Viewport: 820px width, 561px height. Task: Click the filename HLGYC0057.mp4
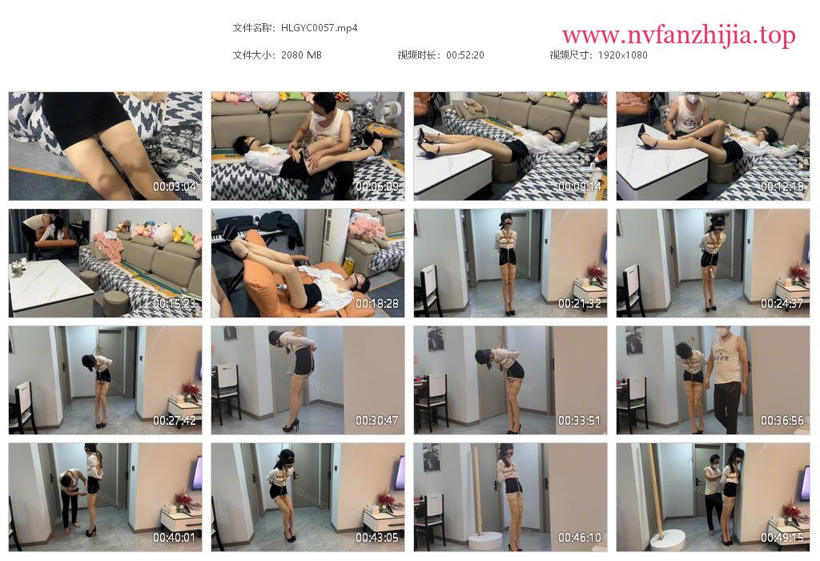tap(319, 28)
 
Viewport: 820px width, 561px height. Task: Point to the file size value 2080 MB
tap(301, 55)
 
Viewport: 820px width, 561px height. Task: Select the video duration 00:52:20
tap(465, 55)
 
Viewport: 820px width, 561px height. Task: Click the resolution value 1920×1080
tap(622, 55)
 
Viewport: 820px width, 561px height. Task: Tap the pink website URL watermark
tap(679, 35)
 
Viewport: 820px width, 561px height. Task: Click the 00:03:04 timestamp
tap(174, 186)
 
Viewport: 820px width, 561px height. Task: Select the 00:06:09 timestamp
tap(377, 186)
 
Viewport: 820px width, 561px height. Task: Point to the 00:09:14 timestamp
tap(580, 186)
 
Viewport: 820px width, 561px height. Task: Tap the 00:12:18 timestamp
tap(782, 186)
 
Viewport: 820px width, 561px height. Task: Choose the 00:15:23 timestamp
tap(174, 304)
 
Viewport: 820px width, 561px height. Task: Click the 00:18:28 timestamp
tap(377, 304)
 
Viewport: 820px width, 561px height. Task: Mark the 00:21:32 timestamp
tap(580, 304)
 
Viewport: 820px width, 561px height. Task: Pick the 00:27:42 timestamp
tap(174, 421)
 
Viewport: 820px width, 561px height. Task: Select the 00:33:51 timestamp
tap(580, 421)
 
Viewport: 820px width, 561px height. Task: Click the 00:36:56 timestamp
tap(782, 421)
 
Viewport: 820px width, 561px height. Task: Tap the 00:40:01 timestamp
tap(174, 538)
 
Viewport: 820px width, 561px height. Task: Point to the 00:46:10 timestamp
tap(580, 538)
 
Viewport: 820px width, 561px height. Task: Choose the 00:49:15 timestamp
tap(782, 538)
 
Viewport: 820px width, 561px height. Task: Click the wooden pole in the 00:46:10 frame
tap(476, 490)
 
